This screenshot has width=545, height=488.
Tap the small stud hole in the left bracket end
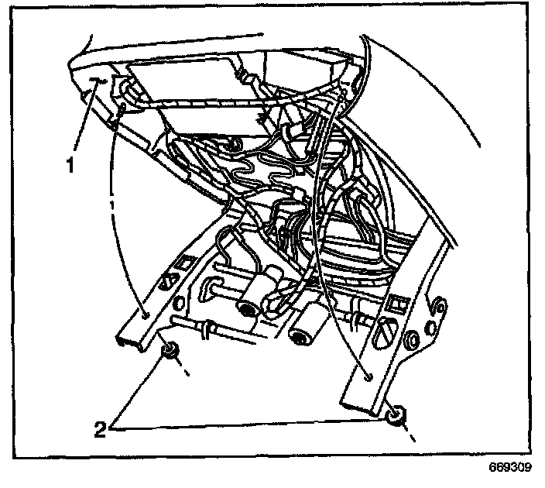point(146,314)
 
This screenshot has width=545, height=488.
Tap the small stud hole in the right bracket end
point(367,376)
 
